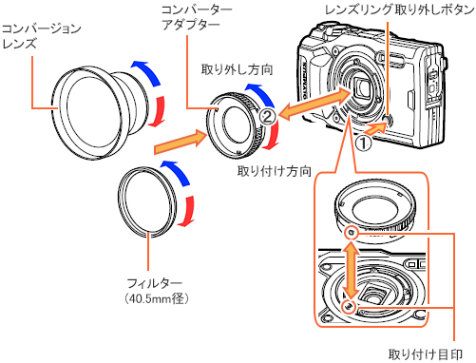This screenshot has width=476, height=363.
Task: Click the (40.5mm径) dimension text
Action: pos(149,298)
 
